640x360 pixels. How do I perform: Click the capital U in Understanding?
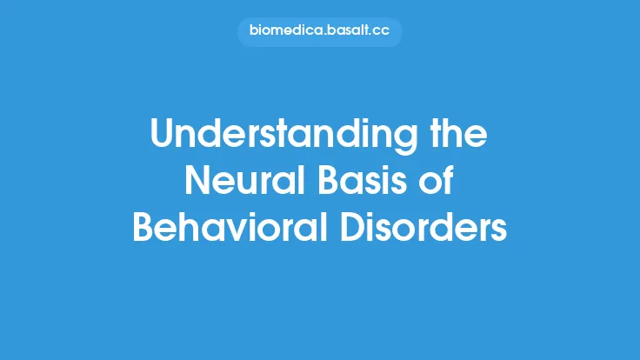(162, 137)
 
